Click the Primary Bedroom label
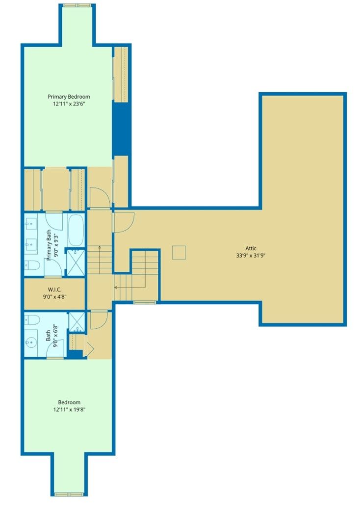[x=69, y=97]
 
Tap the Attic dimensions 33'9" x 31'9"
[x=251, y=256]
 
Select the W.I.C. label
[x=54, y=289]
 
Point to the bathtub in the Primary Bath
[x=76, y=230]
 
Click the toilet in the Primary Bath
[x=32, y=265]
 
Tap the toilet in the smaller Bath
[x=32, y=319]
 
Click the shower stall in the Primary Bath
[x=75, y=262]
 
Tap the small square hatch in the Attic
[x=179, y=253]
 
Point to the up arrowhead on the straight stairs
[x=100, y=247]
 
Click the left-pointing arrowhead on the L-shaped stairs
[x=116, y=287]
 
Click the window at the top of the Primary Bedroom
[x=77, y=5]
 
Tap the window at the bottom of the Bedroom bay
[x=69, y=494]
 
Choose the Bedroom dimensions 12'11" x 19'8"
[x=69, y=409]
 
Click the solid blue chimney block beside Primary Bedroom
[x=121, y=129]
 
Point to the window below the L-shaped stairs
[x=145, y=303]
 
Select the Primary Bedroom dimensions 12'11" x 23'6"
[x=69, y=104]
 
